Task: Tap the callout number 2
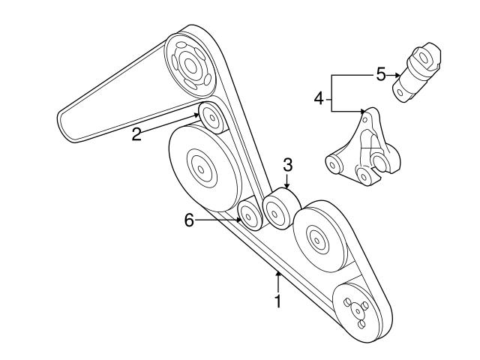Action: [x=137, y=135]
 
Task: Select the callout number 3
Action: [x=286, y=165]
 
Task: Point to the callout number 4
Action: [x=319, y=98]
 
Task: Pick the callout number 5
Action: [x=380, y=74]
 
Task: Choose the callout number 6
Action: [x=189, y=220]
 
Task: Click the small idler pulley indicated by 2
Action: [x=208, y=116]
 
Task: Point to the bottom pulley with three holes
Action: [x=356, y=311]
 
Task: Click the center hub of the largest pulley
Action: [x=199, y=168]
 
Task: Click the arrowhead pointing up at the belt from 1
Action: [x=277, y=275]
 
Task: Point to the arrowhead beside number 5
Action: [x=396, y=75]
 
